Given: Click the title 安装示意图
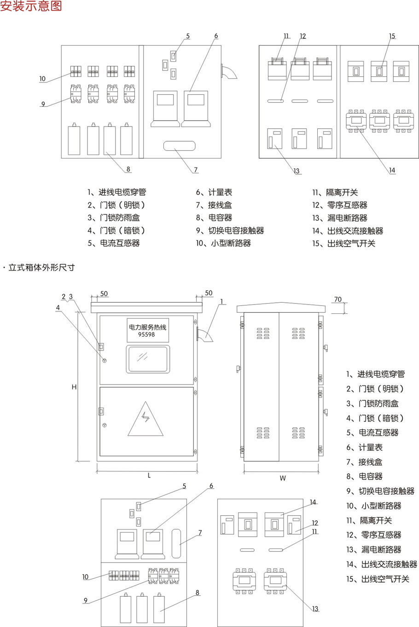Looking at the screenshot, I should pyautogui.click(x=31, y=6).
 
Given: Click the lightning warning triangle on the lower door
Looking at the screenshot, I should pyautogui.click(x=145, y=419).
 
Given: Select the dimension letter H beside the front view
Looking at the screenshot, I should pyautogui.click(x=74, y=387).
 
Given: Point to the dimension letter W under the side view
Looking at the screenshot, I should pyautogui.click(x=283, y=478).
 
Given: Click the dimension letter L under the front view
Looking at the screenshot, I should pyautogui.click(x=149, y=476).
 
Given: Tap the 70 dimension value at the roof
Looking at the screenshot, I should pyautogui.click(x=338, y=299).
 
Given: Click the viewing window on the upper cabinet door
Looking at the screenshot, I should pyautogui.click(x=147, y=359).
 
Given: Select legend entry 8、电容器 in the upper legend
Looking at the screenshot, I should pyautogui.click(x=214, y=218).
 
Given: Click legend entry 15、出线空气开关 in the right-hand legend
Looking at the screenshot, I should pyautogui.click(x=378, y=579).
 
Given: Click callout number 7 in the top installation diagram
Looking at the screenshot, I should pyautogui.click(x=196, y=170).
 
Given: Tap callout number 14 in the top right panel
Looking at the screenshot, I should pyautogui.click(x=392, y=170).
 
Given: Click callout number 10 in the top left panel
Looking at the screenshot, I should pyautogui.click(x=42, y=79).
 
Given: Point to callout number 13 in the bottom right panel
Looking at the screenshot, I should pyautogui.click(x=315, y=609).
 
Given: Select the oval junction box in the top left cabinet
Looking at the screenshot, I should pyautogui.click(x=179, y=146).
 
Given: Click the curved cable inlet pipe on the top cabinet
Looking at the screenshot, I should pyautogui.click(x=228, y=72).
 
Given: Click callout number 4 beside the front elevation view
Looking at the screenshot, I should pyautogui.click(x=58, y=308).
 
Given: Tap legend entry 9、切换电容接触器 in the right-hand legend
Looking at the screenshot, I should pyautogui.click(x=380, y=491).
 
